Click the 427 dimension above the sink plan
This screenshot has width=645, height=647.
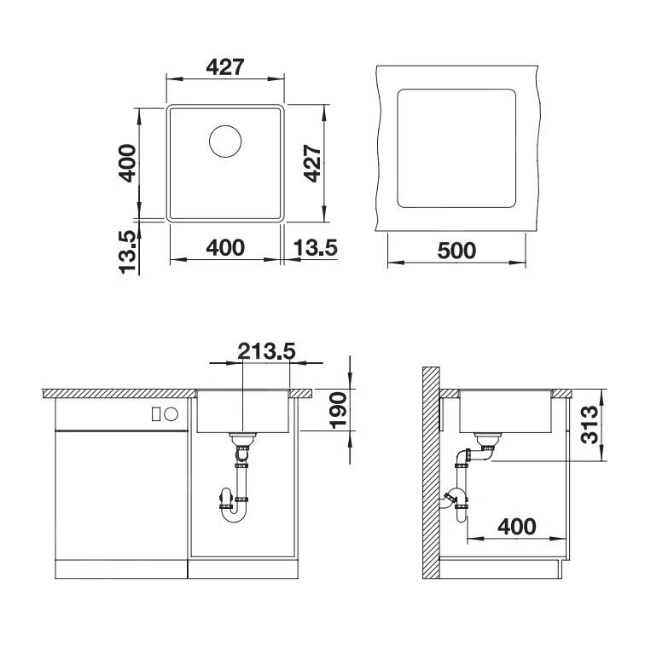coord(225,67)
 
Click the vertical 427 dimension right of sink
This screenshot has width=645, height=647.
coord(312,163)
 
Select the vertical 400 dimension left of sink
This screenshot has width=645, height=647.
coord(127,163)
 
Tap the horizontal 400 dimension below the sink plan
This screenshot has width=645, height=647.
coord(225,248)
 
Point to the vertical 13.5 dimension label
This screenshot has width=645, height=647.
coord(128,251)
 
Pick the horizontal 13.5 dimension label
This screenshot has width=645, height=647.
coord(316,248)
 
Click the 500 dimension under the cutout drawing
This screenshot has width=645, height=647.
coord(456,251)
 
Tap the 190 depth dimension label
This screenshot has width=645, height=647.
coord(337,411)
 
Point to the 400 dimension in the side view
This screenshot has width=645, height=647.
coord(518,526)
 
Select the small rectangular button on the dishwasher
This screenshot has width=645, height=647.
coord(156,414)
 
